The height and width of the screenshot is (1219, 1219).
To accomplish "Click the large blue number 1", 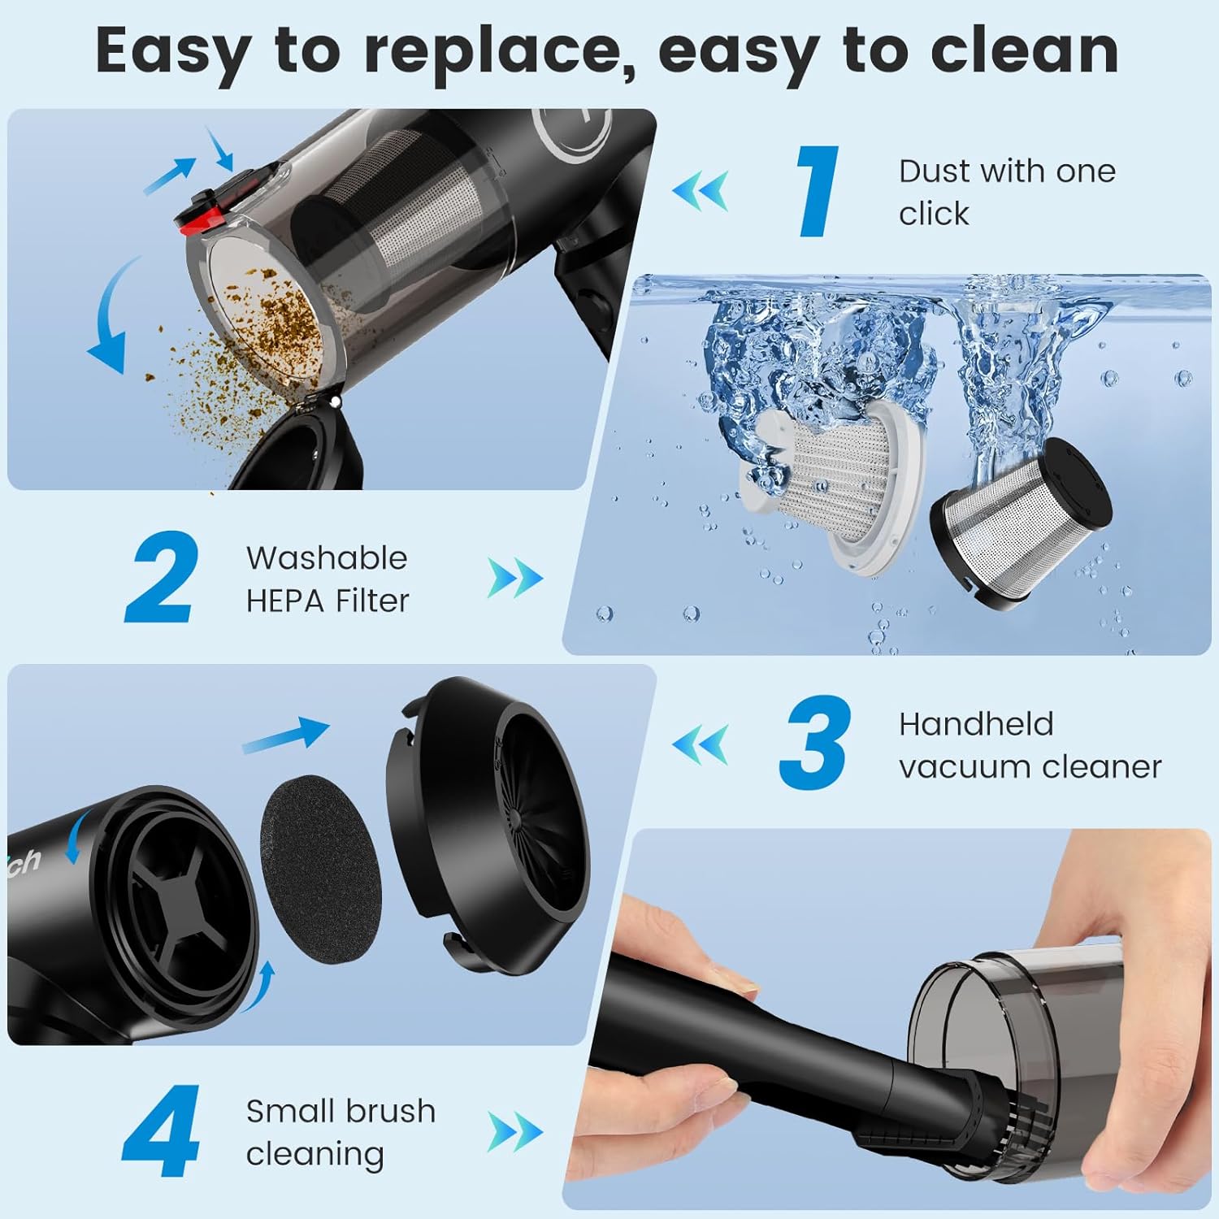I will pos(817,191).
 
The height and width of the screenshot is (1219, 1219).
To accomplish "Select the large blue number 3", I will pos(815,742).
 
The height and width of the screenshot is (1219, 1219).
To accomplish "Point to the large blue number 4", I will pos(163,1131).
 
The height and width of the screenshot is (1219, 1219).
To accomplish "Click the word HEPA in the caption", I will pos(286,601).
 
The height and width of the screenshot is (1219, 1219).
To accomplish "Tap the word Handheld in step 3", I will pos(976,723).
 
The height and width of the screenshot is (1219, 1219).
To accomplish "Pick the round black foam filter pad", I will pos(321,868).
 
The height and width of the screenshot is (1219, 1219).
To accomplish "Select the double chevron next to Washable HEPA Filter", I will pos(514,579).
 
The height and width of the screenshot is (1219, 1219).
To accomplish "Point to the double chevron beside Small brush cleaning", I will pos(514,1132).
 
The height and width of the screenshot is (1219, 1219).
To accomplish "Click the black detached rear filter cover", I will pos(488,821).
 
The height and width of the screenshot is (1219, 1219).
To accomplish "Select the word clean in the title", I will pos(1024,50).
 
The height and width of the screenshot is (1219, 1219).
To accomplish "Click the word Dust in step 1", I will pos(935,171).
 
